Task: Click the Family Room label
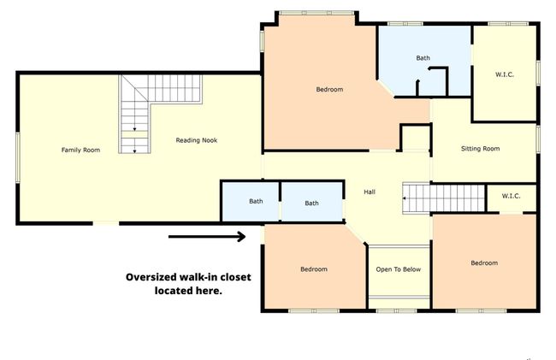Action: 81,150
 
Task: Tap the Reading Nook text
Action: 197,140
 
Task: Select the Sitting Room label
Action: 481,149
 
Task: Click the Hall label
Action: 370,192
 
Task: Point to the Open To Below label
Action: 399,269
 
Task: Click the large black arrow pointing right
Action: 207,237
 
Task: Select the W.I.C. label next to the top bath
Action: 504,74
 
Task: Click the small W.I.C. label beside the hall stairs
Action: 511,196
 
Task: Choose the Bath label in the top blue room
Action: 423,58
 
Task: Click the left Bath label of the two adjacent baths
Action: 256,201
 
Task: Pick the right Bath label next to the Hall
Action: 311,203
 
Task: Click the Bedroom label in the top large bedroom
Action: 330,89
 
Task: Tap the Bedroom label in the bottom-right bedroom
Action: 484,263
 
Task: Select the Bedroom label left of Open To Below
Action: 314,269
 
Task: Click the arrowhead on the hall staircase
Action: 405,198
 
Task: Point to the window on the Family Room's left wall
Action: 18,157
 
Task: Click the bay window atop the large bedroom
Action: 317,13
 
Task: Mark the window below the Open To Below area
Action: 396,311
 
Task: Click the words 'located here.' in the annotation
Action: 188,291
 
